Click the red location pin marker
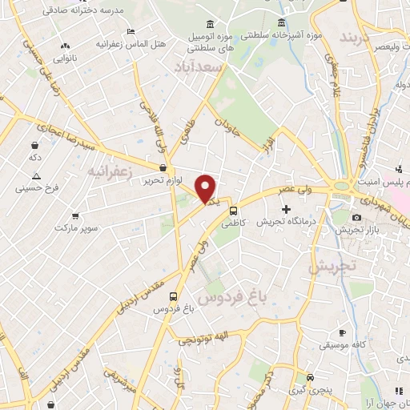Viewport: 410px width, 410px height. click(x=206, y=189)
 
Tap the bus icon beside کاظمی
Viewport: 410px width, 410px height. click(x=233, y=211)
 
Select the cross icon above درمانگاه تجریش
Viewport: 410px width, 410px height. click(x=287, y=208)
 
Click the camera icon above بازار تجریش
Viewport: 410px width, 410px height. click(x=356, y=217)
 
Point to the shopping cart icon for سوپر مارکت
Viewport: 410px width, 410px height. click(x=75, y=215)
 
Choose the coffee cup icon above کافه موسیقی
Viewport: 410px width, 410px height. click(x=343, y=332)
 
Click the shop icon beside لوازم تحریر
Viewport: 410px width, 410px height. click(x=163, y=168)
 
